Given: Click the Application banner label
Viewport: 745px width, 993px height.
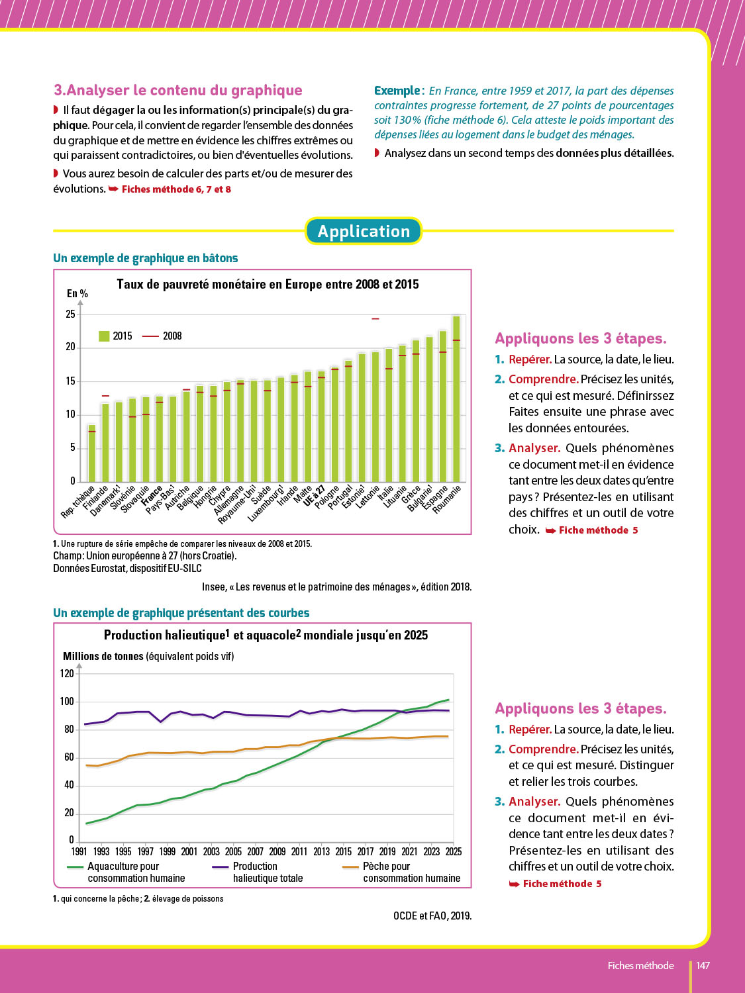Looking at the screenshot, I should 364,231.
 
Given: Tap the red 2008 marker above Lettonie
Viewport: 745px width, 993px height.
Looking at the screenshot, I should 375,318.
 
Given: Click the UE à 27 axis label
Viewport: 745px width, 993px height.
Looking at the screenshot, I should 314,496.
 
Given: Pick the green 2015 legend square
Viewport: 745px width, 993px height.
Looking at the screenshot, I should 104,336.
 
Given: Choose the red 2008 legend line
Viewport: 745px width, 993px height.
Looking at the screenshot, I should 150,336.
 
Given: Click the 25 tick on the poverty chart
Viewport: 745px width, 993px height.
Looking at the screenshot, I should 71,314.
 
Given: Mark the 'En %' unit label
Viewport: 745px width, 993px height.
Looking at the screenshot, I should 77,293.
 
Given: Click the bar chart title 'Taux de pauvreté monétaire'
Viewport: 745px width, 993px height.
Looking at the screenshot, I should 268,285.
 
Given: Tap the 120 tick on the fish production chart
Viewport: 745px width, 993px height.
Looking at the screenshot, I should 67,674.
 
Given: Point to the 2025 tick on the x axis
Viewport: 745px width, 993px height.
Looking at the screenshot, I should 454,851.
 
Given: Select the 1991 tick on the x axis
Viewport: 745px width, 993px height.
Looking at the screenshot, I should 79,851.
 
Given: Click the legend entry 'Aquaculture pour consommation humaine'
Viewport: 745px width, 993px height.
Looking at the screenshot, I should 126,872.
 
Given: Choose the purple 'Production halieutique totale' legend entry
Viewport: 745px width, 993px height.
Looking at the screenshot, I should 258,872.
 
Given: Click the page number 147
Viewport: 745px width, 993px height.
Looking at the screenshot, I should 703,966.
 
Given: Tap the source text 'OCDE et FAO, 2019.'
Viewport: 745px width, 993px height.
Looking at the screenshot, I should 432,916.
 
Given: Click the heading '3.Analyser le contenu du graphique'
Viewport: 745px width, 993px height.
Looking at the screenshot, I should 177,91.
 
